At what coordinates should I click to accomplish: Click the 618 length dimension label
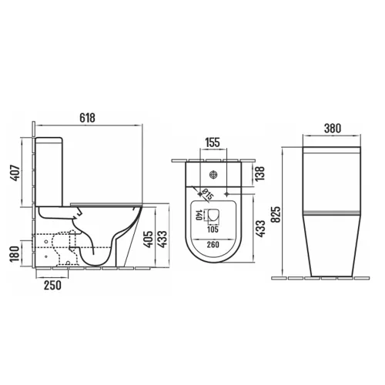(x=87, y=118)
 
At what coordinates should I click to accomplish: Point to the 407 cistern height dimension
(x=15, y=172)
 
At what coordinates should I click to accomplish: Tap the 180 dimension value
(x=15, y=254)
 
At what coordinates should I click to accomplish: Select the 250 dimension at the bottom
(x=52, y=285)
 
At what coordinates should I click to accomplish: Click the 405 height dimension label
(x=148, y=239)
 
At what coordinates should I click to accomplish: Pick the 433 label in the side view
(x=162, y=239)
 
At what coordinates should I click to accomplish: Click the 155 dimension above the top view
(x=213, y=142)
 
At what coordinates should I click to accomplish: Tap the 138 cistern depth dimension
(x=259, y=173)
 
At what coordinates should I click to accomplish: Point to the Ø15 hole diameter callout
(x=208, y=194)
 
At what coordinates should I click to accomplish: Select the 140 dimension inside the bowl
(x=199, y=215)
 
